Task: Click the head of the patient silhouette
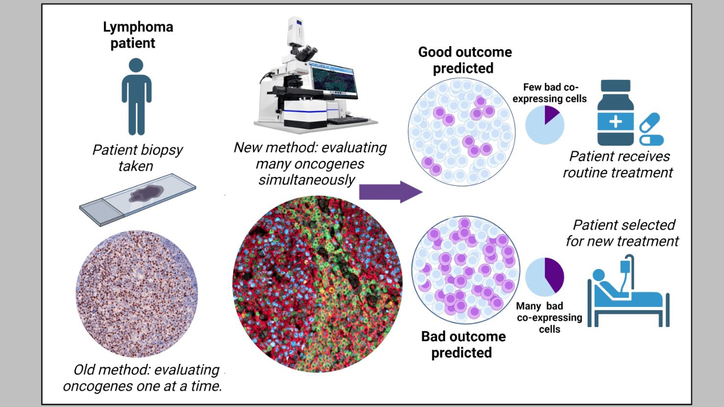pyautogui.click(x=136, y=65)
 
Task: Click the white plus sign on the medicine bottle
pyautogui.click(x=615, y=121)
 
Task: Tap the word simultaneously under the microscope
pyautogui.click(x=307, y=180)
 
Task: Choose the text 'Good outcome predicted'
pyautogui.click(x=465, y=60)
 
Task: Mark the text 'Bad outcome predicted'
pyautogui.click(x=463, y=344)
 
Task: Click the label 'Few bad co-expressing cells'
pyautogui.click(x=549, y=93)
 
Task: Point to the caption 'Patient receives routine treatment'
pyautogui.click(x=619, y=164)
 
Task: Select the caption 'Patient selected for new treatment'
pyautogui.click(x=623, y=233)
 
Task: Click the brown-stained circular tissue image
pyautogui.click(x=137, y=294)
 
